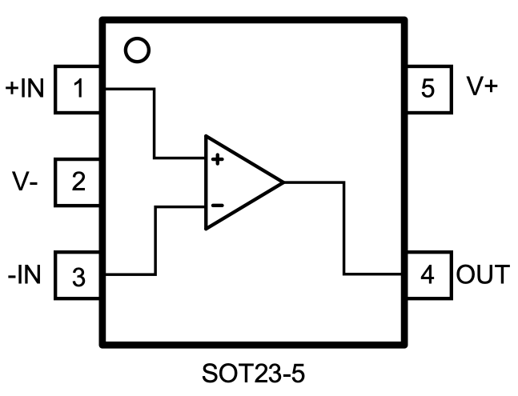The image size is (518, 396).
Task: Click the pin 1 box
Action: tap(78, 89)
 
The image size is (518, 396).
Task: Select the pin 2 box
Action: tap(78, 182)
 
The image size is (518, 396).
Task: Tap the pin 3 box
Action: tap(78, 277)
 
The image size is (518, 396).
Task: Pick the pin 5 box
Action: tap(428, 88)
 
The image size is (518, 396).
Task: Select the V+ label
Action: tap(482, 87)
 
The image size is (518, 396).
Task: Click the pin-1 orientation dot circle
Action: tap(138, 50)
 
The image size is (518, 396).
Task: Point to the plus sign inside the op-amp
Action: tap(216, 159)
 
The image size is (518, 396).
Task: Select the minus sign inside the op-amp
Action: tap(216, 206)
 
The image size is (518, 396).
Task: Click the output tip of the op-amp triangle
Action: tap(283, 182)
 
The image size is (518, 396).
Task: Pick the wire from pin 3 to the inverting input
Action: tap(155, 240)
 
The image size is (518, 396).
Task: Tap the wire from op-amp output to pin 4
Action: tap(344, 232)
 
